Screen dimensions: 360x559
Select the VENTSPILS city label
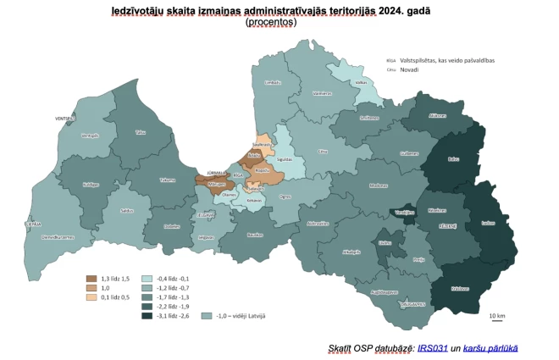(66, 118)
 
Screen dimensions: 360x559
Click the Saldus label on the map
(126, 209)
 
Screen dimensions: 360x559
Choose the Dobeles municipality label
(172, 226)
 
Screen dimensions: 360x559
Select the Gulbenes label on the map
(410, 153)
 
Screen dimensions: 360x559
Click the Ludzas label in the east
(488, 223)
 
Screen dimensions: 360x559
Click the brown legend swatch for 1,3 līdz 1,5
(92, 278)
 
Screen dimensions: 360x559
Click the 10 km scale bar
(498, 320)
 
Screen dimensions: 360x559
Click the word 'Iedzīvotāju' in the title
(145, 12)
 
